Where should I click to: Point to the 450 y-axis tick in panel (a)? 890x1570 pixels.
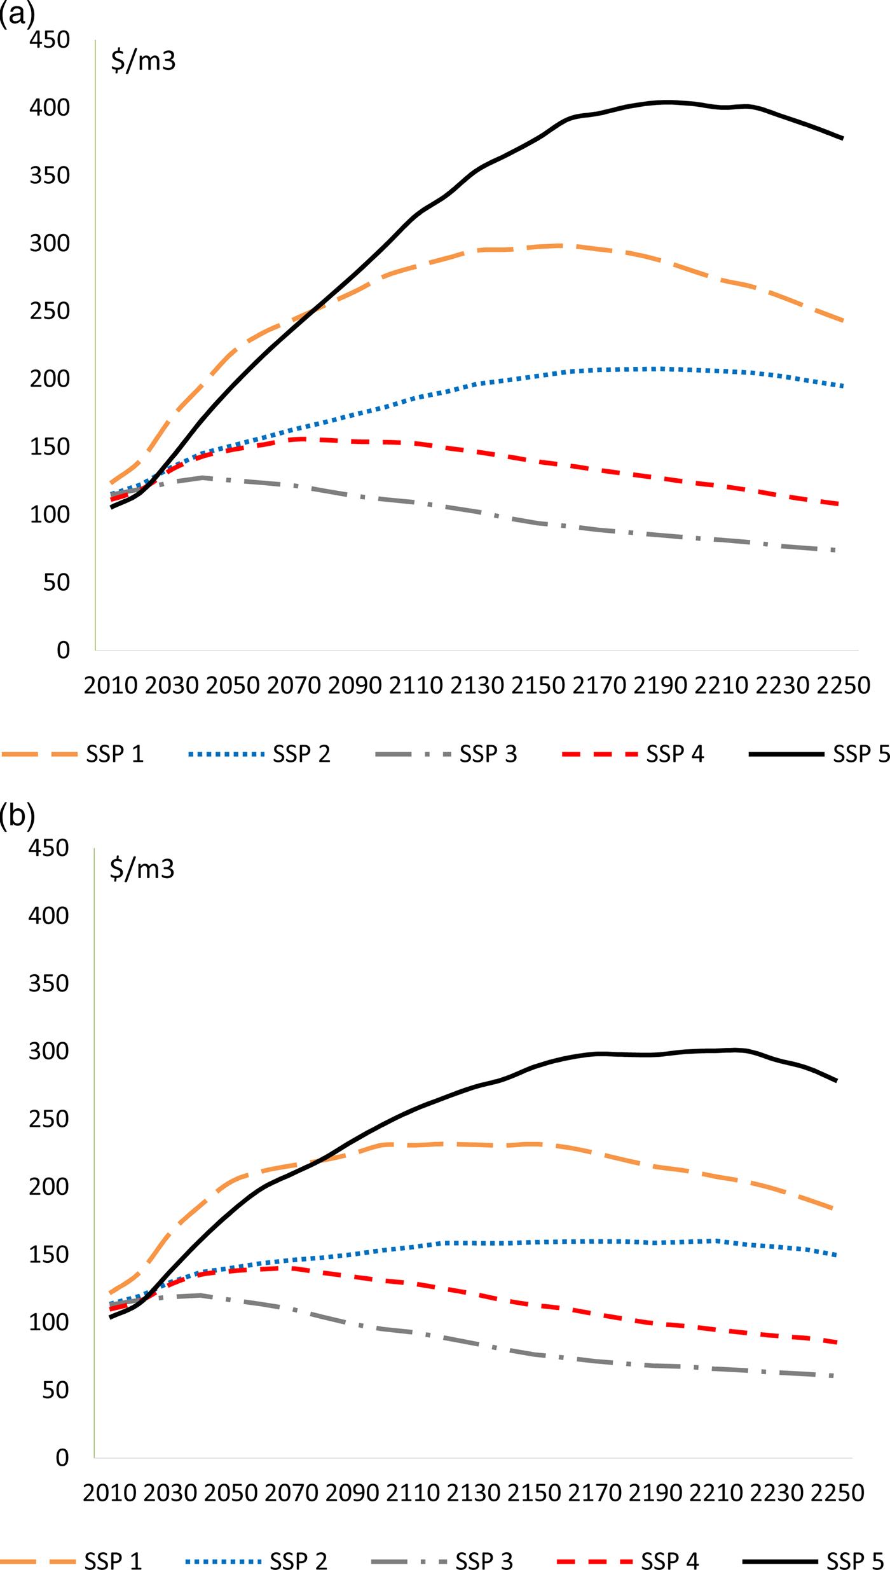[x=50, y=40]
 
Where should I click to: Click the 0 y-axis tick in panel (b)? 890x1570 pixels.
[x=62, y=1457]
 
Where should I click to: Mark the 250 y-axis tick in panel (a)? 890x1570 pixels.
[x=50, y=312]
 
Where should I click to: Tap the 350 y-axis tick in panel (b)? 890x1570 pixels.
[x=48, y=984]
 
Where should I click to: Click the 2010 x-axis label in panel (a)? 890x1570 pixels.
[x=111, y=685]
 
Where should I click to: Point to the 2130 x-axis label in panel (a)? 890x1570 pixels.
[x=477, y=685]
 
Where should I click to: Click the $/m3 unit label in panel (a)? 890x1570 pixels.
[x=143, y=61]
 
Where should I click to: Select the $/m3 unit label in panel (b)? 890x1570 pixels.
[x=142, y=869]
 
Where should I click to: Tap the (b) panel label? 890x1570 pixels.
[x=17, y=816]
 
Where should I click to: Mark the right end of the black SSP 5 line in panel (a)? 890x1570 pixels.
[x=842, y=138]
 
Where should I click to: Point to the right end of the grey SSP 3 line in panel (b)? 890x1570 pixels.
[x=833, y=1376]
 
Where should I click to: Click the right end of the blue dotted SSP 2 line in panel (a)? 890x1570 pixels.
[x=842, y=386]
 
